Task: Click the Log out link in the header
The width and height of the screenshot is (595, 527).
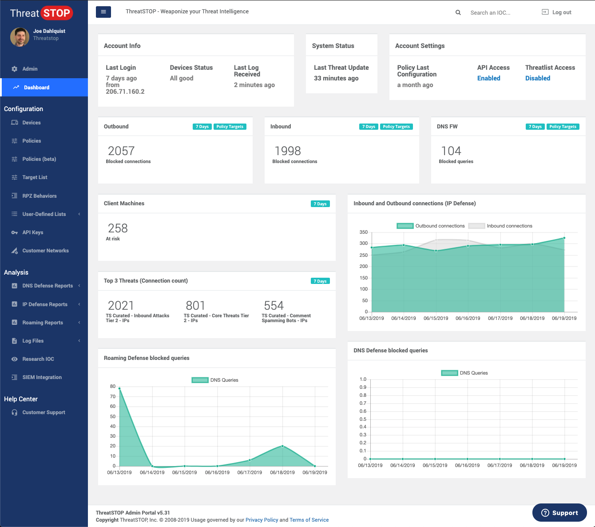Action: tap(557, 12)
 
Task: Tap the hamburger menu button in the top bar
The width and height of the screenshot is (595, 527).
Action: tap(103, 12)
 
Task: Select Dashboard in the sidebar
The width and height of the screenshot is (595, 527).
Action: tap(36, 88)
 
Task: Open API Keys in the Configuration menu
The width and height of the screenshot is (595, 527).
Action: tap(33, 232)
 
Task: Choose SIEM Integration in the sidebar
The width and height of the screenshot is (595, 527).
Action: tap(42, 377)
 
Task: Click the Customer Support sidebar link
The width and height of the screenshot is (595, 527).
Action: tap(44, 412)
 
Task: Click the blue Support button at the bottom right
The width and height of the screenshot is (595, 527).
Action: tap(559, 513)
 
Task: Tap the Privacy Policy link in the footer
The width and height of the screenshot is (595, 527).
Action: tap(262, 520)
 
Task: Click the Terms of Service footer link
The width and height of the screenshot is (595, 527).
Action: tap(309, 520)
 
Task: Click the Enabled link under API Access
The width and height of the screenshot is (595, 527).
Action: tap(488, 78)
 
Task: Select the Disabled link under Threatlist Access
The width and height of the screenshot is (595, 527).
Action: tap(537, 78)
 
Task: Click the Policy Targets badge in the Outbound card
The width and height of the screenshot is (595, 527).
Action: tap(230, 127)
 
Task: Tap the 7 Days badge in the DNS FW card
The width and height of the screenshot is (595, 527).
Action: tap(535, 127)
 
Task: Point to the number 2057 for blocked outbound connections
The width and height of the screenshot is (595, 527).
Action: tap(121, 151)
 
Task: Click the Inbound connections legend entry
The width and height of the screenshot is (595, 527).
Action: tap(500, 226)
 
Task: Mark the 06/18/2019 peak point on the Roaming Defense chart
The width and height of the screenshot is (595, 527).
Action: tap(282, 446)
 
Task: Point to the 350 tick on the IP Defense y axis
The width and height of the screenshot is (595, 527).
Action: tap(364, 232)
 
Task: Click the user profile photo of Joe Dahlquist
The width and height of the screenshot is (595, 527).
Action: tap(20, 37)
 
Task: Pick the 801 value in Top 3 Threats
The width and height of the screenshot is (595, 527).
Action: tap(195, 306)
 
